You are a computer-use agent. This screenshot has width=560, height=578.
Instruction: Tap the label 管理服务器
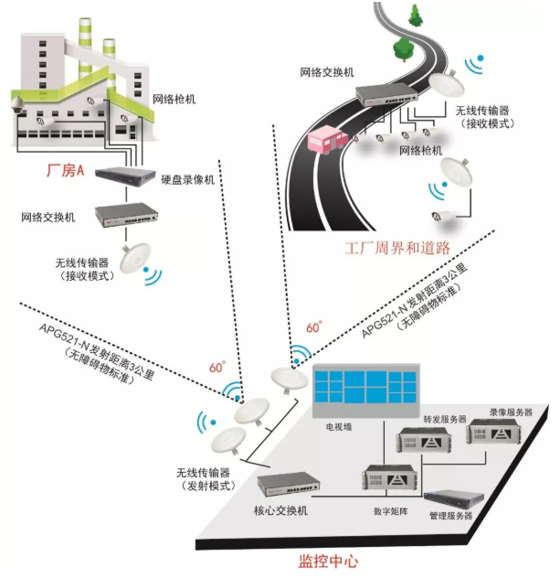(x=450, y=517)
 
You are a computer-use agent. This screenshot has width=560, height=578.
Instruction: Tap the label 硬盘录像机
(x=187, y=179)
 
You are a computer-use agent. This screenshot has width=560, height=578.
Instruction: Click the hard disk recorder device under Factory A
(x=126, y=172)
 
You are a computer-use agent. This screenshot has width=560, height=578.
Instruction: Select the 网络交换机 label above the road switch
(x=327, y=71)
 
